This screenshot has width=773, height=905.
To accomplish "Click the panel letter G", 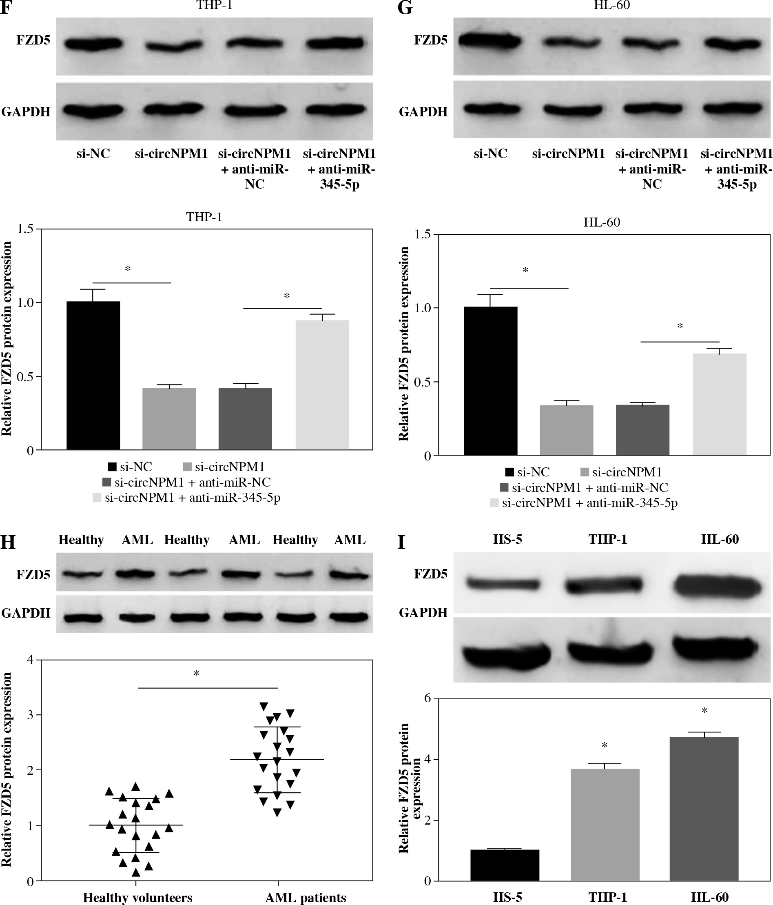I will pos(405,7).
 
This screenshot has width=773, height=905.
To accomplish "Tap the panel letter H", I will pos(8,543).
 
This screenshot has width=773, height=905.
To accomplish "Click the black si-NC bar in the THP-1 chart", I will pos(93,376).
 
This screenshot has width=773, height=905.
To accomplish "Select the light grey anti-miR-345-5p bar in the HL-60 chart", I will pos(719,404).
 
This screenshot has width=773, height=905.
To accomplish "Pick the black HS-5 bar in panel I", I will pos(505,865).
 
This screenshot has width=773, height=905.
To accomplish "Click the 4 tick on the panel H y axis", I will pos(31,660).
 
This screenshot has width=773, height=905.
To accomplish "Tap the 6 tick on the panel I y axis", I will pos(428,698).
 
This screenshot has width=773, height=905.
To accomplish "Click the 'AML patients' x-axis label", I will pos(306,898).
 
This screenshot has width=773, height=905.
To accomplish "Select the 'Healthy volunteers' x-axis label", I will pos(137,898).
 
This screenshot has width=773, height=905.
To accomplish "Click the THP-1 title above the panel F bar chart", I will pos(204,217).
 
